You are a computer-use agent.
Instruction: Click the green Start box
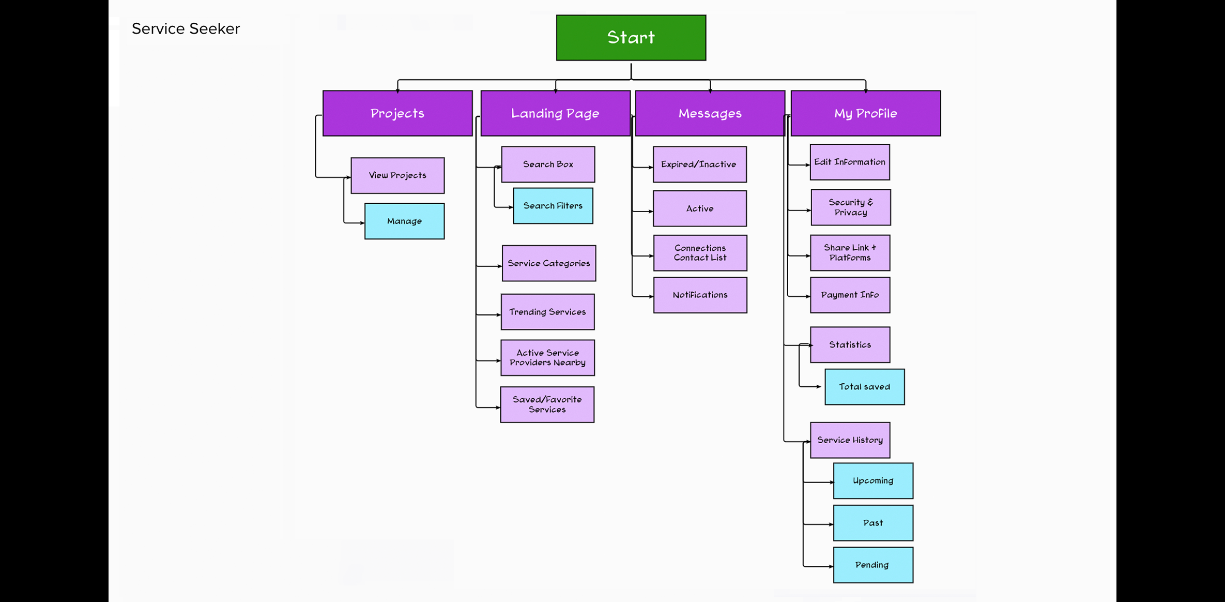click(x=631, y=38)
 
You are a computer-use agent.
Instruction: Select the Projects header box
click(x=397, y=113)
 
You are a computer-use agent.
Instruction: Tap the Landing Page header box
click(x=555, y=113)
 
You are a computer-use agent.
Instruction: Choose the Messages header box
click(x=710, y=113)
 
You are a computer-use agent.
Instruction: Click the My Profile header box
click(x=865, y=113)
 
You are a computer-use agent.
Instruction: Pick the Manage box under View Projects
click(x=404, y=221)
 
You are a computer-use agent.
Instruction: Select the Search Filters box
click(x=553, y=206)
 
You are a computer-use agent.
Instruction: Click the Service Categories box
click(x=548, y=263)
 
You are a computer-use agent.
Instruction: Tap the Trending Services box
click(x=547, y=312)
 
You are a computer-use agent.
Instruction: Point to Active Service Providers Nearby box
click(x=547, y=358)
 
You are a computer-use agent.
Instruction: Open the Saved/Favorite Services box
click(x=547, y=404)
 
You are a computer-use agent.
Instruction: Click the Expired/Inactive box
click(x=699, y=164)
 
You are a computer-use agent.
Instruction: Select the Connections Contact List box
click(x=700, y=253)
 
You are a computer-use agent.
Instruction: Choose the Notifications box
click(x=700, y=295)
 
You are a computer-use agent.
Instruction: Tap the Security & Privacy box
click(x=850, y=207)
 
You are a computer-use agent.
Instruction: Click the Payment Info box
click(x=850, y=295)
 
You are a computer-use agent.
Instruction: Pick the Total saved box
click(x=864, y=387)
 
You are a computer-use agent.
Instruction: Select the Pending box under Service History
click(x=872, y=565)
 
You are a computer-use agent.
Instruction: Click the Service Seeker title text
click(x=186, y=29)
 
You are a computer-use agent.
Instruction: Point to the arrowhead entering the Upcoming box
click(x=831, y=482)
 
